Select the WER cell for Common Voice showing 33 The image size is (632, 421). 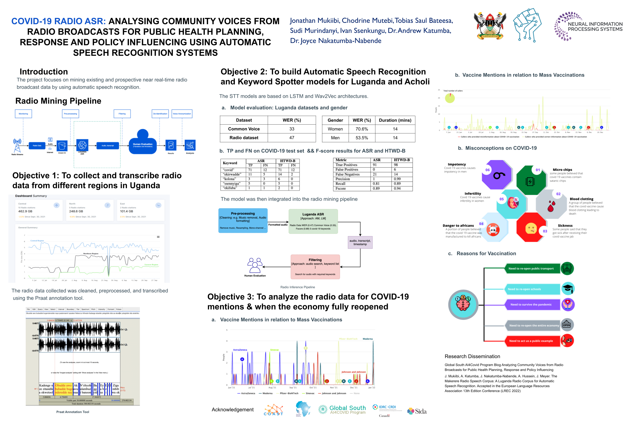click(x=291, y=129)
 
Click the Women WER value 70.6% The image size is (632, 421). click(x=362, y=129)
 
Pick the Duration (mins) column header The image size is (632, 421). click(x=395, y=120)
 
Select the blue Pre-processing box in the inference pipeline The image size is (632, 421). click(x=242, y=220)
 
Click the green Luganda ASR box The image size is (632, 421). click(x=313, y=221)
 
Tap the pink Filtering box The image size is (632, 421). click(x=315, y=267)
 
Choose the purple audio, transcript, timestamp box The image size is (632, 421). click(x=360, y=242)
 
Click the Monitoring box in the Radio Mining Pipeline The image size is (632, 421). click(x=23, y=113)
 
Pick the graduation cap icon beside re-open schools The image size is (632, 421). click(x=568, y=289)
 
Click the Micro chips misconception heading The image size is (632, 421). click(x=562, y=170)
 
